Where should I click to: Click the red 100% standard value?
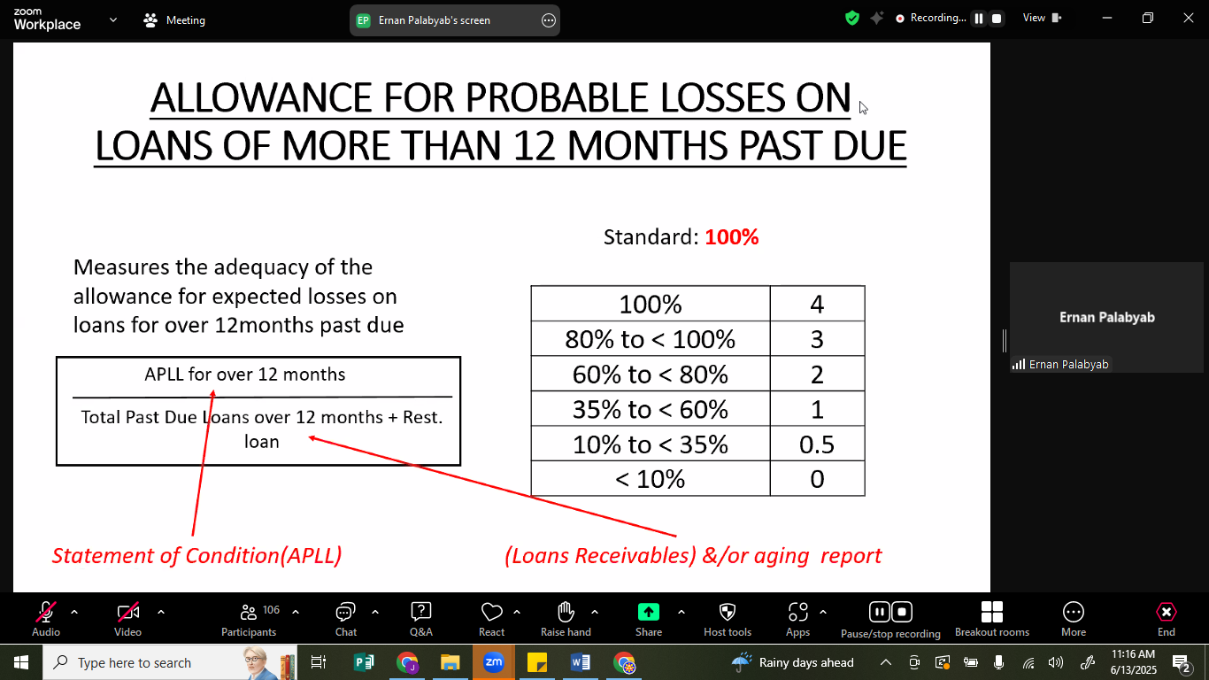click(731, 237)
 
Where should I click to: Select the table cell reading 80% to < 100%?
click(651, 338)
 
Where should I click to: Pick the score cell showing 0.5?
click(817, 444)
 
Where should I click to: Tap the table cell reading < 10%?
click(651, 478)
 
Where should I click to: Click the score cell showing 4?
click(817, 304)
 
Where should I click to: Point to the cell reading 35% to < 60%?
click(651, 409)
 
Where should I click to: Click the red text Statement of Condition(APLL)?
click(197, 556)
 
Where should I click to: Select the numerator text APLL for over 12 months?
click(244, 375)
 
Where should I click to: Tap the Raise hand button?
click(566, 619)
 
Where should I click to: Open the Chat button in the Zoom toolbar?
click(345, 619)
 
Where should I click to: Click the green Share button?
click(648, 619)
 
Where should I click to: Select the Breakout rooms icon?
click(992, 612)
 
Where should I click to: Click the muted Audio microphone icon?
click(45, 612)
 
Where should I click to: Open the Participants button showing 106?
click(249, 619)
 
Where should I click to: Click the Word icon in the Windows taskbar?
click(581, 662)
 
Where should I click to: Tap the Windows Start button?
click(20, 662)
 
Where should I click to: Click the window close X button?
click(1188, 19)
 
